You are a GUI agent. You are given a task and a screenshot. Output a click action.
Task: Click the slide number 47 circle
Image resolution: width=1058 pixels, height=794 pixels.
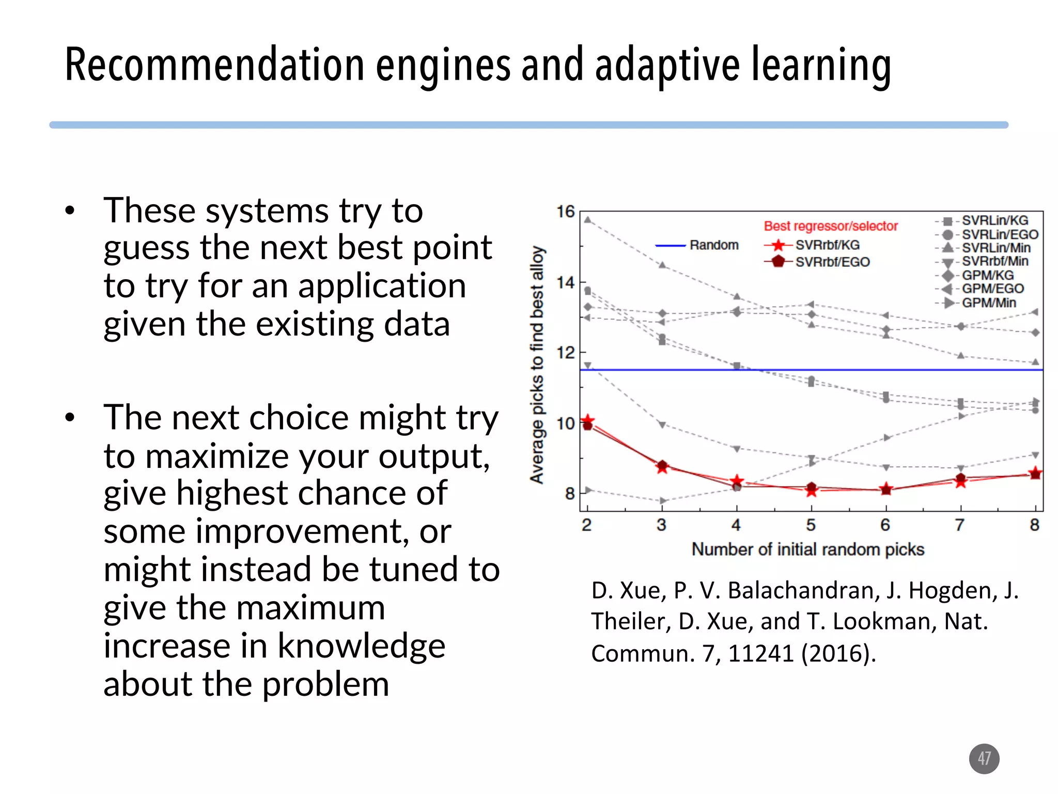[x=984, y=758]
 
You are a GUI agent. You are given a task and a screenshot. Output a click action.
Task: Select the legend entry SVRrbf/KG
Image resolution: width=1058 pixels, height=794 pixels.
[x=827, y=245]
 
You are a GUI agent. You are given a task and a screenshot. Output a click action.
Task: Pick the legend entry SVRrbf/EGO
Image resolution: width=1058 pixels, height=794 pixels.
[x=832, y=262]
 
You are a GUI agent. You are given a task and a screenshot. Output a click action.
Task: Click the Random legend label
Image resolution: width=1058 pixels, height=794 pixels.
[x=713, y=245]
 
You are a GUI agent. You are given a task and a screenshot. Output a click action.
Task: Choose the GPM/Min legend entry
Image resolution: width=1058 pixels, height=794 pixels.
[x=988, y=303]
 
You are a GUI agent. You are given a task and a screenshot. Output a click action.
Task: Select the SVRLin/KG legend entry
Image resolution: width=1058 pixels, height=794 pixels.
[x=994, y=221]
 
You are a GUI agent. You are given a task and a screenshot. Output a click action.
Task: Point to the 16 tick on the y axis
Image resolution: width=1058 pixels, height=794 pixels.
[x=565, y=211]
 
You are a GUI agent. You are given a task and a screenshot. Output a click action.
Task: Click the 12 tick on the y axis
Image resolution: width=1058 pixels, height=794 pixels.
[x=565, y=353]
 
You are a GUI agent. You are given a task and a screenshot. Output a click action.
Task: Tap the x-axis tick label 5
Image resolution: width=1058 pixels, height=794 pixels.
[x=811, y=525]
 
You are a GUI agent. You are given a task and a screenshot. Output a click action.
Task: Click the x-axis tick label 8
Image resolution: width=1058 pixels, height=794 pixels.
[x=1034, y=525]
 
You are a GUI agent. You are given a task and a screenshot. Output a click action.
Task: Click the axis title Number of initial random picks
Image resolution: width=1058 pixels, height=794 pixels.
[x=807, y=549]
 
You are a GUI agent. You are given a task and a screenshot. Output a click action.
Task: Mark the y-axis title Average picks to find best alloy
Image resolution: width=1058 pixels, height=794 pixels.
[x=537, y=364]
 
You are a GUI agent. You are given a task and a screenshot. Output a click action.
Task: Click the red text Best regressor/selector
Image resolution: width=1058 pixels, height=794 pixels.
[x=831, y=226]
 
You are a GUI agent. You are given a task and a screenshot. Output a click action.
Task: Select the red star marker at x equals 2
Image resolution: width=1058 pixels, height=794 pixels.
[x=587, y=420]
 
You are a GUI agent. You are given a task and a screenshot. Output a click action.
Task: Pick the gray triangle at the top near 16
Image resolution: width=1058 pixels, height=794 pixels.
[x=588, y=220]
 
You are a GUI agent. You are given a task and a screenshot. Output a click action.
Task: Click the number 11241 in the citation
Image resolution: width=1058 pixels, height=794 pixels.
[x=760, y=653]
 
